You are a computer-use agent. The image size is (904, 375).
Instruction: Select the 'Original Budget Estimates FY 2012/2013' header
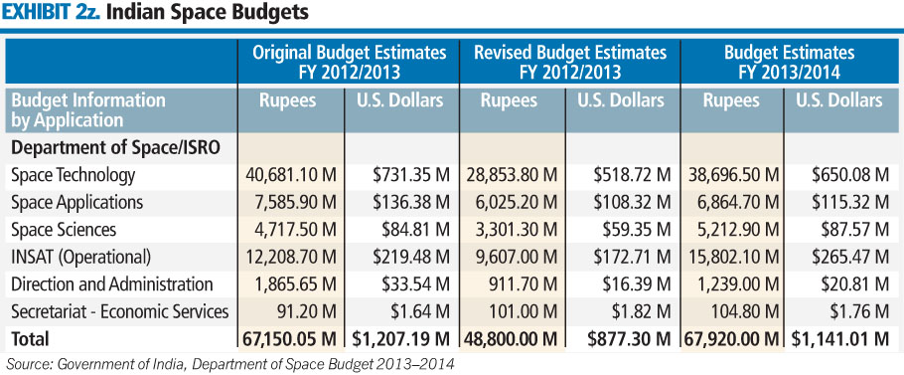(x=348, y=62)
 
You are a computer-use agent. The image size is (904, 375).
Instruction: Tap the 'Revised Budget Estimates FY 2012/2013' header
(x=569, y=62)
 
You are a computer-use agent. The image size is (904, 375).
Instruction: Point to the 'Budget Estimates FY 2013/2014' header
(x=790, y=62)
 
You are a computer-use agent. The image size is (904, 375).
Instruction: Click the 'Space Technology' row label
(x=73, y=175)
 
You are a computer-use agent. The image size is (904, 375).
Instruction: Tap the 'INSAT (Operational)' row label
(x=80, y=257)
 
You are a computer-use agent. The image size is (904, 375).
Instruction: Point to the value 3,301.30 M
(x=513, y=230)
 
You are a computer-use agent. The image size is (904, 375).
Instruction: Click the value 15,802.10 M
(x=732, y=257)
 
